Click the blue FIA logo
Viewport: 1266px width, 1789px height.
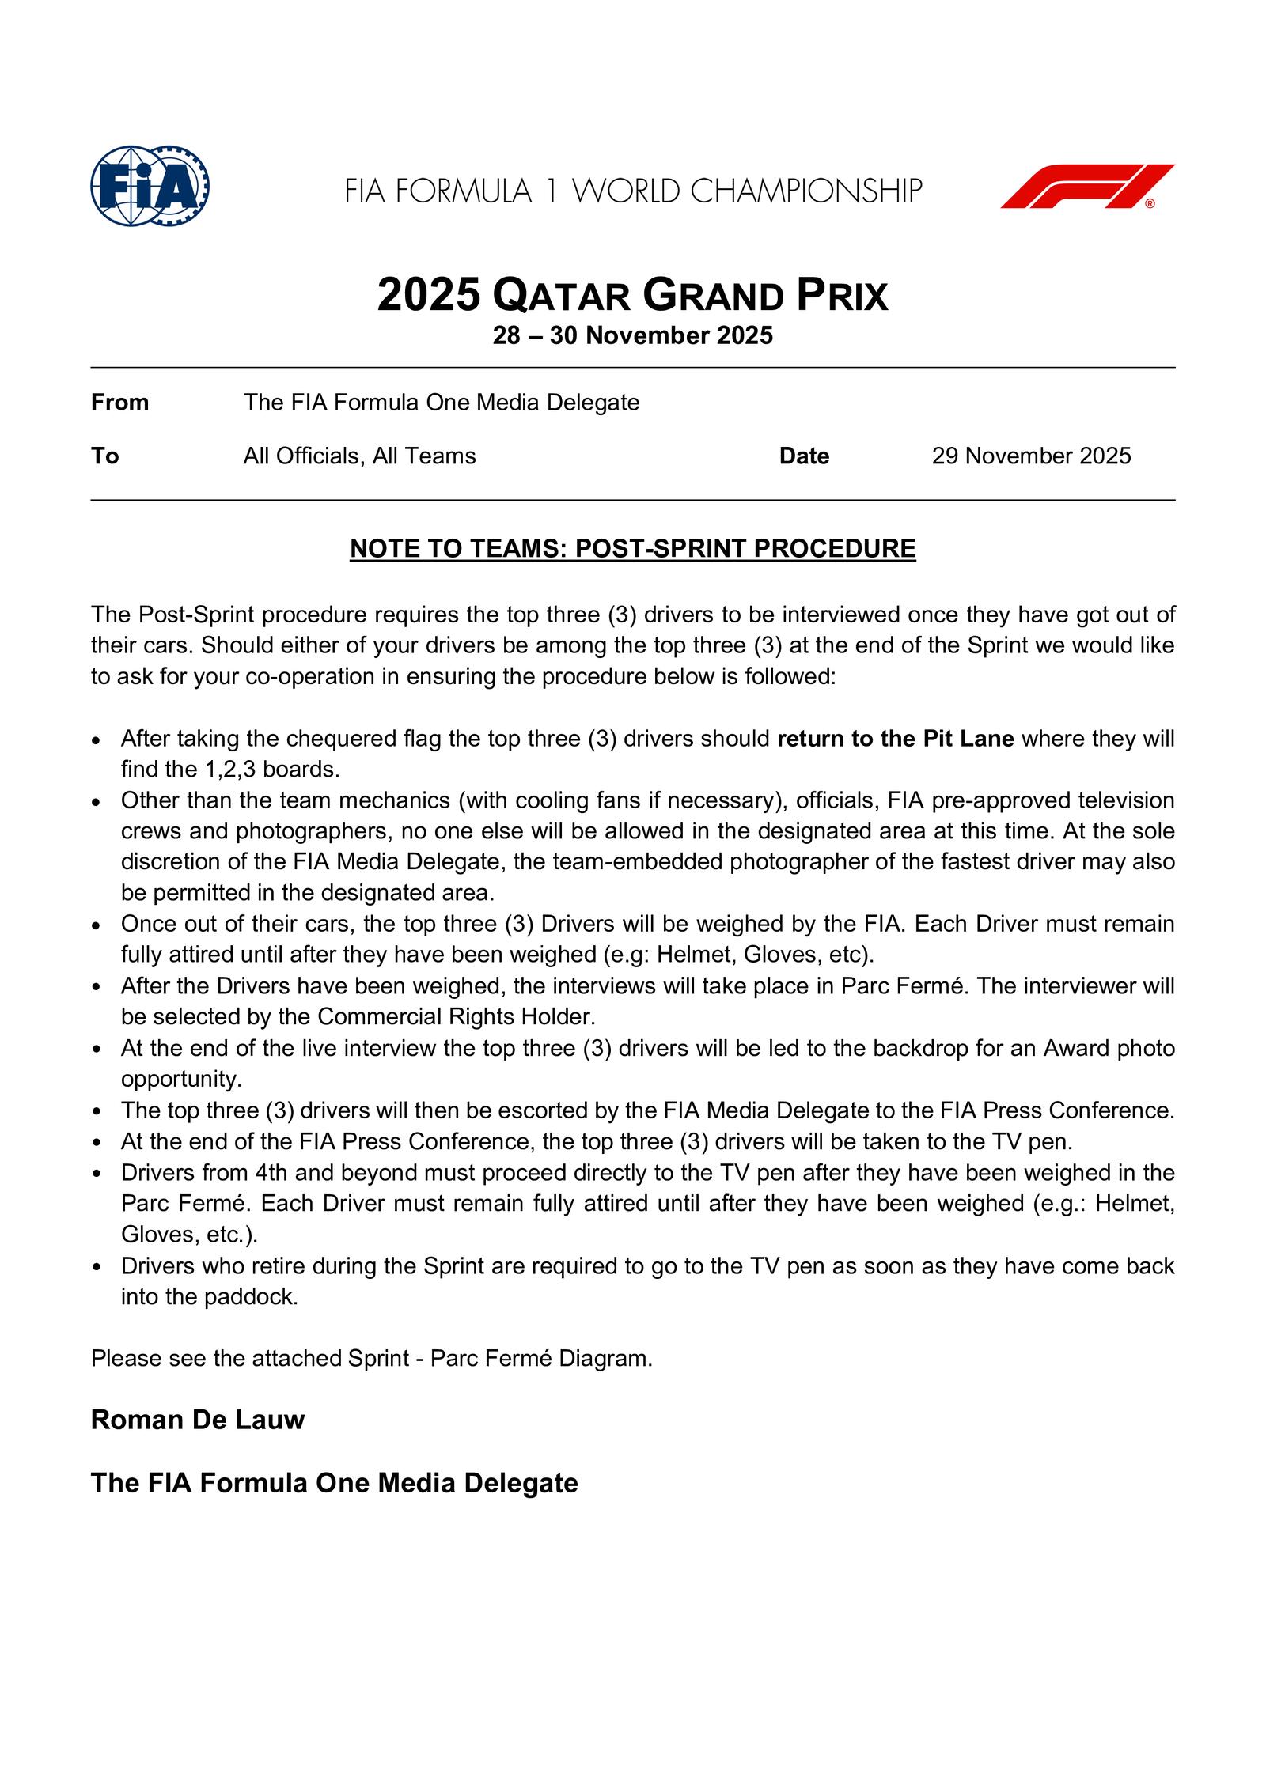(150, 187)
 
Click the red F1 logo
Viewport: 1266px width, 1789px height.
(1087, 187)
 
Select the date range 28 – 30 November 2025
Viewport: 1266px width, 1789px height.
(632, 336)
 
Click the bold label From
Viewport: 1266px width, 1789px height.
(119, 403)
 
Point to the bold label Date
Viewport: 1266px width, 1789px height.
(804, 456)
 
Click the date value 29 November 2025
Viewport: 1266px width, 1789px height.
(1031, 456)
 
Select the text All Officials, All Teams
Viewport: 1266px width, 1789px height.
(359, 456)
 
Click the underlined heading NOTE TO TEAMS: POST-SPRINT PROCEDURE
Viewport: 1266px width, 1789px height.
(632, 548)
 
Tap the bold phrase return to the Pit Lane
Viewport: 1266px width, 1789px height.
(896, 739)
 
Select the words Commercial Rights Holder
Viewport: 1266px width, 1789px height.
(457, 1016)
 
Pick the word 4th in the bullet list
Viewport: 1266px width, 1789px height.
(271, 1172)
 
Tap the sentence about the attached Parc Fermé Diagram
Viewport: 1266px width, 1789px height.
(372, 1359)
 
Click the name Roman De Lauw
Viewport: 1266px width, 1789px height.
(198, 1420)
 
